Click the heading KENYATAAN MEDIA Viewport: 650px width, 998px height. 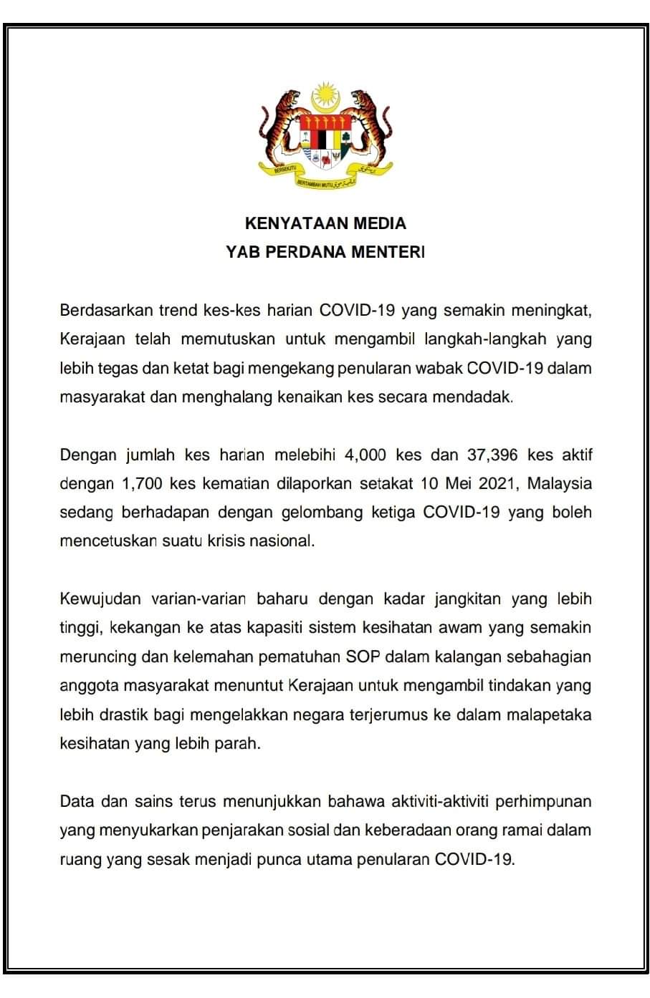coord(325,223)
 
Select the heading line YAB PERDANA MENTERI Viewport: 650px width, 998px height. coord(325,252)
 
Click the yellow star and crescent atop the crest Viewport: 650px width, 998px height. coord(325,96)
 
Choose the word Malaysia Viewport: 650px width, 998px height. coord(560,483)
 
